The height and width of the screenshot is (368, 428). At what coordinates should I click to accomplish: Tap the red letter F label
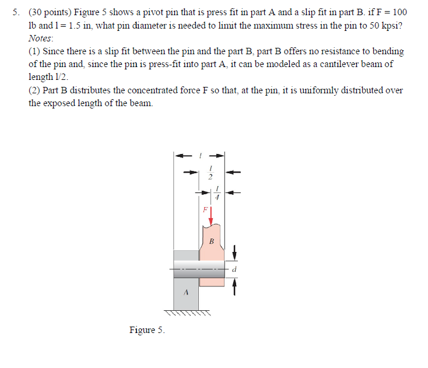pyautogui.click(x=205, y=208)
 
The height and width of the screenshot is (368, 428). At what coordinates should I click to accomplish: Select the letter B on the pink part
pyautogui.click(x=211, y=241)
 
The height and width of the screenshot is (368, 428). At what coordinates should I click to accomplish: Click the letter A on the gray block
pyautogui.click(x=185, y=293)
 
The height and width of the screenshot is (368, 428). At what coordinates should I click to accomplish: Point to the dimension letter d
pyautogui.click(x=234, y=269)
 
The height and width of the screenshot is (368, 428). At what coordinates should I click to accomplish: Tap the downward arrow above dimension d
pyautogui.click(x=234, y=253)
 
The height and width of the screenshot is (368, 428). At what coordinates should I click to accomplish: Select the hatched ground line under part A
pyautogui.click(x=185, y=313)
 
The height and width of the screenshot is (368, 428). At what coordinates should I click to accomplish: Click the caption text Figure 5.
pyautogui.click(x=146, y=330)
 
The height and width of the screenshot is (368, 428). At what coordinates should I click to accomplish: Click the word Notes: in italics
pyautogui.click(x=41, y=38)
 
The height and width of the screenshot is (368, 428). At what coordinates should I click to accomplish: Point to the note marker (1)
pyautogui.click(x=34, y=51)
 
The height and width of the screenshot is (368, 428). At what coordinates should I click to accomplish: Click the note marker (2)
pyautogui.click(x=34, y=90)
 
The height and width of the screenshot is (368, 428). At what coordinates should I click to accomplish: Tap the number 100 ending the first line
pyautogui.click(x=399, y=12)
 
